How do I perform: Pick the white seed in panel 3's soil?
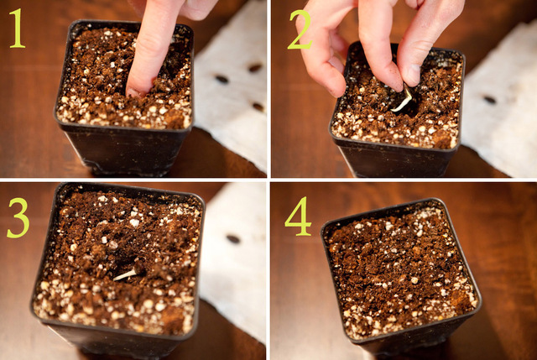pyautogui.click(x=125, y=274)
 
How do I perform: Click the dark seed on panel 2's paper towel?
pyautogui.click(x=489, y=99)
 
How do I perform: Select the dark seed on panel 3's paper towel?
pyautogui.click(x=232, y=239)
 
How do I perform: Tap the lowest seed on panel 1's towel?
pyautogui.click(x=258, y=107)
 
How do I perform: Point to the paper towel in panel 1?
pyautogui.click(x=235, y=126)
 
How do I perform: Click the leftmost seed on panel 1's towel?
pyautogui.click(x=222, y=79)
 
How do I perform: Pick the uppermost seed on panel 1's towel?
pyautogui.click(x=254, y=67)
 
